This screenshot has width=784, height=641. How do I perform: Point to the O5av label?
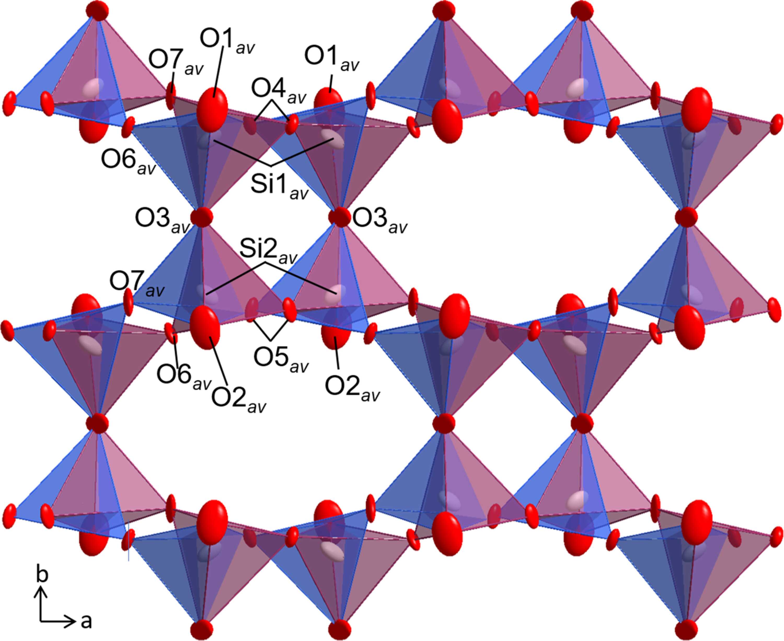pyautogui.click(x=280, y=359)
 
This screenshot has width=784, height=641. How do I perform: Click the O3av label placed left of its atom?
pyautogui.click(x=162, y=221)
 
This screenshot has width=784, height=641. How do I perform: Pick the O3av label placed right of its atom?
pyautogui.click(x=380, y=221)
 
